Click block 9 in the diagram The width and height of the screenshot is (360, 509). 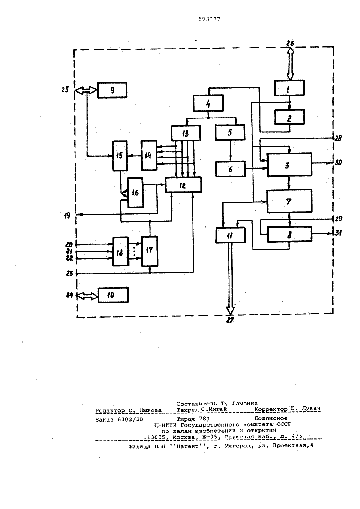click(x=112, y=90)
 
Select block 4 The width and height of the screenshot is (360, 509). click(x=208, y=103)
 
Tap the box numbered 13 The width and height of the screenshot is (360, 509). click(x=186, y=133)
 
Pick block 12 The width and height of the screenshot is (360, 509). click(x=183, y=185)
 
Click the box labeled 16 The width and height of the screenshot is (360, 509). click(x=135, y=193)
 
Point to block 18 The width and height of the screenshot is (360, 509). click(x=121, y=251)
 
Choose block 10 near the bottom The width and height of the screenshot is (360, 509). click(x=113, y=295)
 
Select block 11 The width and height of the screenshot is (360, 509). click(x=230, y=235)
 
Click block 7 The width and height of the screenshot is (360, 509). click(x=289, y=201)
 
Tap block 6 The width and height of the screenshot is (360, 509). click(x=230, y=169)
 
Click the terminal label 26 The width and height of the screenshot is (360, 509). click(x=290, y=43)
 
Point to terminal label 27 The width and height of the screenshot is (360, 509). click(x=230, y=320)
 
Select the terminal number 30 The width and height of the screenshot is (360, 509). click(x=338, y=162)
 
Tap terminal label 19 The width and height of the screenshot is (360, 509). click(x=67, y=215)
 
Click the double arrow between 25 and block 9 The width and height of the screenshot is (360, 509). click(x=86, y=90)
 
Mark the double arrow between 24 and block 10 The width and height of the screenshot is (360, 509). click(x=87, y=296)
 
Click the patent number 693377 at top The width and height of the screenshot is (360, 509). click(x=209, y=19)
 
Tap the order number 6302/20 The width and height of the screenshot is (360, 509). click(x=130, y=419)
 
